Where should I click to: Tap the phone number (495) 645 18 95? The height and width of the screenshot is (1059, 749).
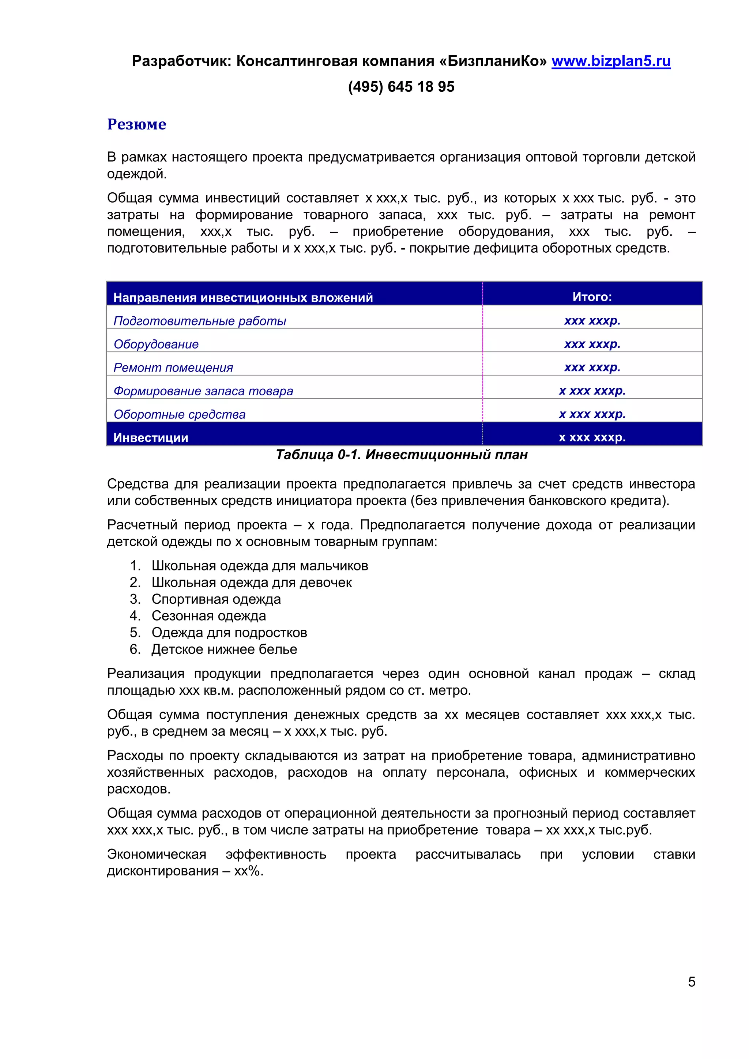pos(401,87)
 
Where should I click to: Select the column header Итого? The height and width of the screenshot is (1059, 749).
pos(592,297)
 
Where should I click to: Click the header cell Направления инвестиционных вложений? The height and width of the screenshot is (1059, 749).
pos(243,298)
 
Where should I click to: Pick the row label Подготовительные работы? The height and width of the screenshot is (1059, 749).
pos(200,321)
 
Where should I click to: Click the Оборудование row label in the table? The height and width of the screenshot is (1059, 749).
pos(156,344)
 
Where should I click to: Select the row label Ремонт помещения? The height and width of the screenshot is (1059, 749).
pos(173,368)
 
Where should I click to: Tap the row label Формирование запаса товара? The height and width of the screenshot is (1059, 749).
pos(203,391)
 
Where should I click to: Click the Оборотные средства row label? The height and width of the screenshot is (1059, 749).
pos(180,414)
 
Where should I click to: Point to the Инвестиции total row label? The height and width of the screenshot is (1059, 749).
pos(151,438)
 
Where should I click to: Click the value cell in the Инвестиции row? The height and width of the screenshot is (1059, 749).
pos(592,437)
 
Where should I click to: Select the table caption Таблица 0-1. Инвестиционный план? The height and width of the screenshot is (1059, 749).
pos(401,455)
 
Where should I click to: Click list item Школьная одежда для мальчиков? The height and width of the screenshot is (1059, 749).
pos(260,566)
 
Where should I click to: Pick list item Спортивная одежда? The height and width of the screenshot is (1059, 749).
pos(216,599)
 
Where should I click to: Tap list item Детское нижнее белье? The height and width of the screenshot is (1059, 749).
pos(224,649)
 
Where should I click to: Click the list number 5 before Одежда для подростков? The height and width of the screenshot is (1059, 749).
pos(134,633)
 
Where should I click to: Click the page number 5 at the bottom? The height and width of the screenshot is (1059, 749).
pos(691,981)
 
